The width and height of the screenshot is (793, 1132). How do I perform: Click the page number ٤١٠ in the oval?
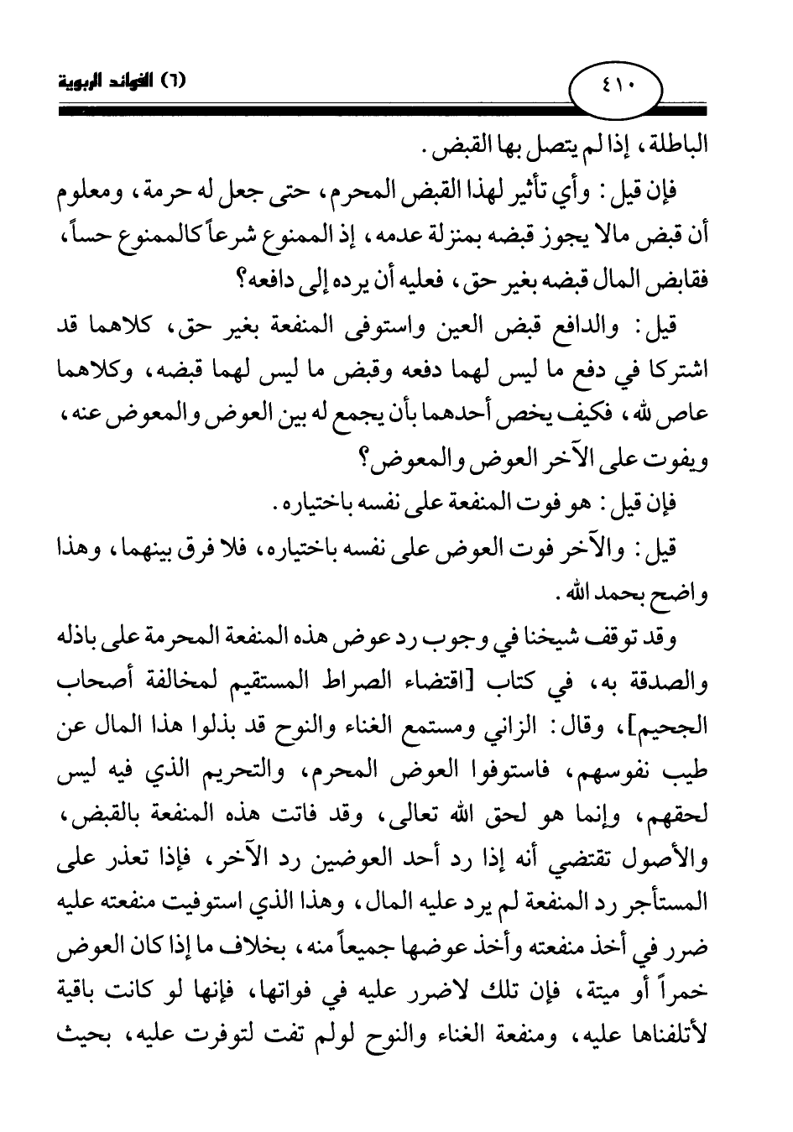click(x=616, y=84)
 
